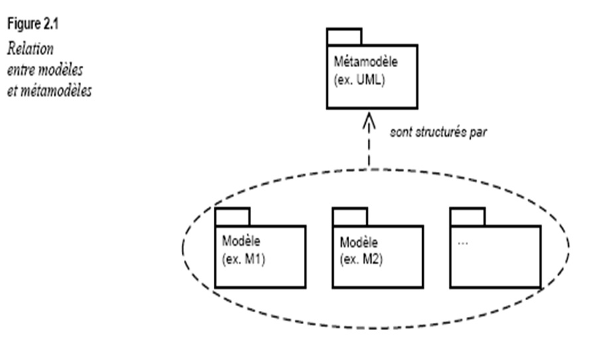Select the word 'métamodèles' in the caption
[x=64, y=90]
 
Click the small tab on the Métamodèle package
[x=344, y=37]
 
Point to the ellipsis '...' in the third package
[x=463, y=243]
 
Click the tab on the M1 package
[x=232, y=217]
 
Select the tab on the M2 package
[x=349, y=217]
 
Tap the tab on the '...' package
[x=467, y=217]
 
